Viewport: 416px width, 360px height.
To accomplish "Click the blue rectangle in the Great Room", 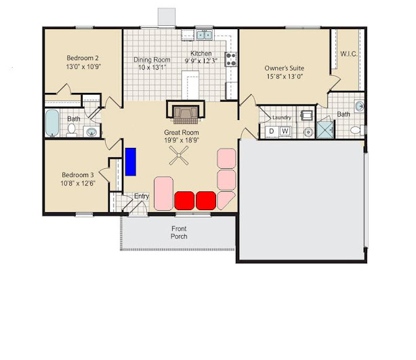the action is point(131,161).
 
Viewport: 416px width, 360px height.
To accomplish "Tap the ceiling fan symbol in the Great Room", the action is point(179,155).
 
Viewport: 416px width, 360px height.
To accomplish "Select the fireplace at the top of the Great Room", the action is point(186,111).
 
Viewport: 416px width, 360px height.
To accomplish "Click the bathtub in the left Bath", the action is point(52,123).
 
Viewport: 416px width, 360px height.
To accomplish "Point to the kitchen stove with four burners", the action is point(230,59).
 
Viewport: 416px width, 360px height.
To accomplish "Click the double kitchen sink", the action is point(205,35).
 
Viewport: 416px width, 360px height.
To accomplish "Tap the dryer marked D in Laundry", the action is point(272,131).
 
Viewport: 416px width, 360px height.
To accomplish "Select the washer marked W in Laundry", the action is point(285,131).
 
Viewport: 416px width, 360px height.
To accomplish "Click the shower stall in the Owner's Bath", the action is point(325,129).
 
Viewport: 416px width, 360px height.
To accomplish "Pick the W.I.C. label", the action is point(349,54).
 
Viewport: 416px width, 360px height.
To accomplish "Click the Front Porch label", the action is point(179,233).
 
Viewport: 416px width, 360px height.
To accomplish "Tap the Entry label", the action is point(142,196).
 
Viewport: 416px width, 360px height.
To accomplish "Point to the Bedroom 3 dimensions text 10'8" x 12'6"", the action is point(78,183).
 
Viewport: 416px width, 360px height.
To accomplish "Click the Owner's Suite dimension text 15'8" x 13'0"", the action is point(285,77).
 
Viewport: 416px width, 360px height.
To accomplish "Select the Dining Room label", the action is point(152,60).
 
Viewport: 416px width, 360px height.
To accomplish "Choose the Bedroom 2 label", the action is point(83,58).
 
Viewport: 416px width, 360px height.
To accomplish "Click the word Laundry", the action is point(281,117).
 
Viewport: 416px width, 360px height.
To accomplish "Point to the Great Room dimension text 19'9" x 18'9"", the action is point(182,140).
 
